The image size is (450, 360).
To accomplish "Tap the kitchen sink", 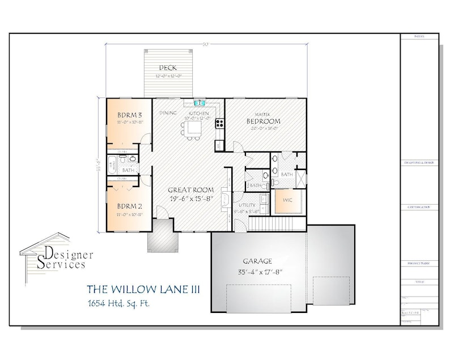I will click(x=198, y=103).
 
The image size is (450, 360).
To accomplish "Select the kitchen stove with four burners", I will click(x=219, y=122).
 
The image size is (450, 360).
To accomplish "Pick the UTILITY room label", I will click(x=247, y=205).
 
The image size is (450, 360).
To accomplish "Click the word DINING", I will click(x=168, y=113).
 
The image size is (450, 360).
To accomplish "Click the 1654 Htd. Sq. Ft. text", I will click(x=118, y=303).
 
